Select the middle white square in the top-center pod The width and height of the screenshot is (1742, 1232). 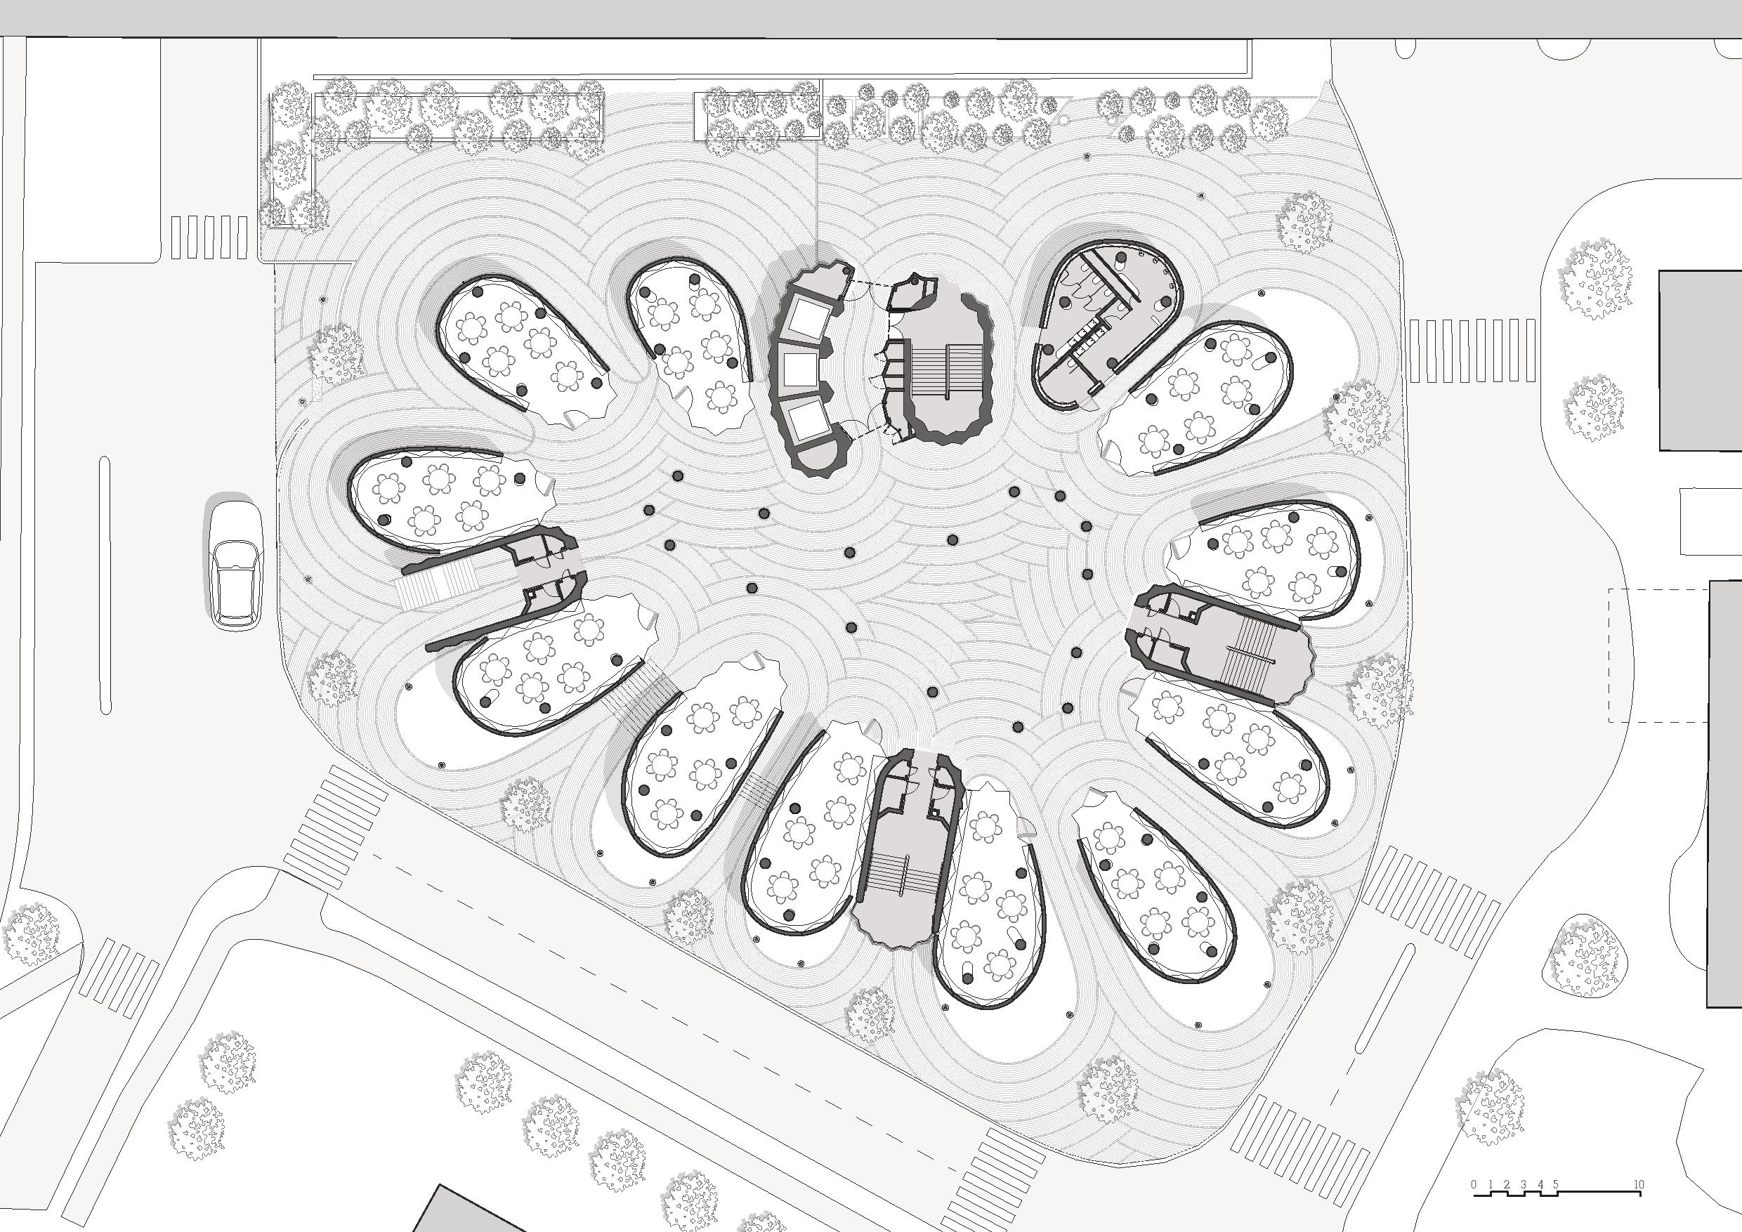(x=798, y=370)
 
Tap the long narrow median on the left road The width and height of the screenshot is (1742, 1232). (x=105, y=584)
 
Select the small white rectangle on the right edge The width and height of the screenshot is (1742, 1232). (x=1710, y=522)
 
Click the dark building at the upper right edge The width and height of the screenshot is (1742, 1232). (x=1700, y=360)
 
